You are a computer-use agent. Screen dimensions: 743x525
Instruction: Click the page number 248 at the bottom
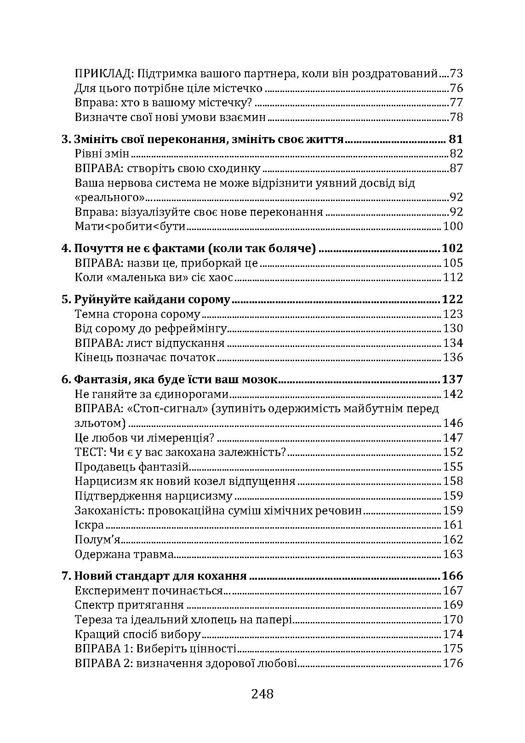(262, 693)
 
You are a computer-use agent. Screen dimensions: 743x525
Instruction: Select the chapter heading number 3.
(65, 139)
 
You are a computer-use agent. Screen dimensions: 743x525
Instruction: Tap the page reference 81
(455, 139)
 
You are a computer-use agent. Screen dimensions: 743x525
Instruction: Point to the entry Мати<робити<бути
(130, 226)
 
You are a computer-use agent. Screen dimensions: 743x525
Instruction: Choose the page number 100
(452, 226)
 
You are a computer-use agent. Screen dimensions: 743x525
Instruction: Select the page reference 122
(452, 300)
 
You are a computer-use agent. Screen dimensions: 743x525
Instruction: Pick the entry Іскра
(89, 525)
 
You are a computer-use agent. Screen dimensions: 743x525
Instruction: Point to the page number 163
(452, 554)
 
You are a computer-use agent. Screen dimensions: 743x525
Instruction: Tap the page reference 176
(452, 663)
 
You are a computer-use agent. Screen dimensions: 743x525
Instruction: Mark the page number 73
(456, 74)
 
